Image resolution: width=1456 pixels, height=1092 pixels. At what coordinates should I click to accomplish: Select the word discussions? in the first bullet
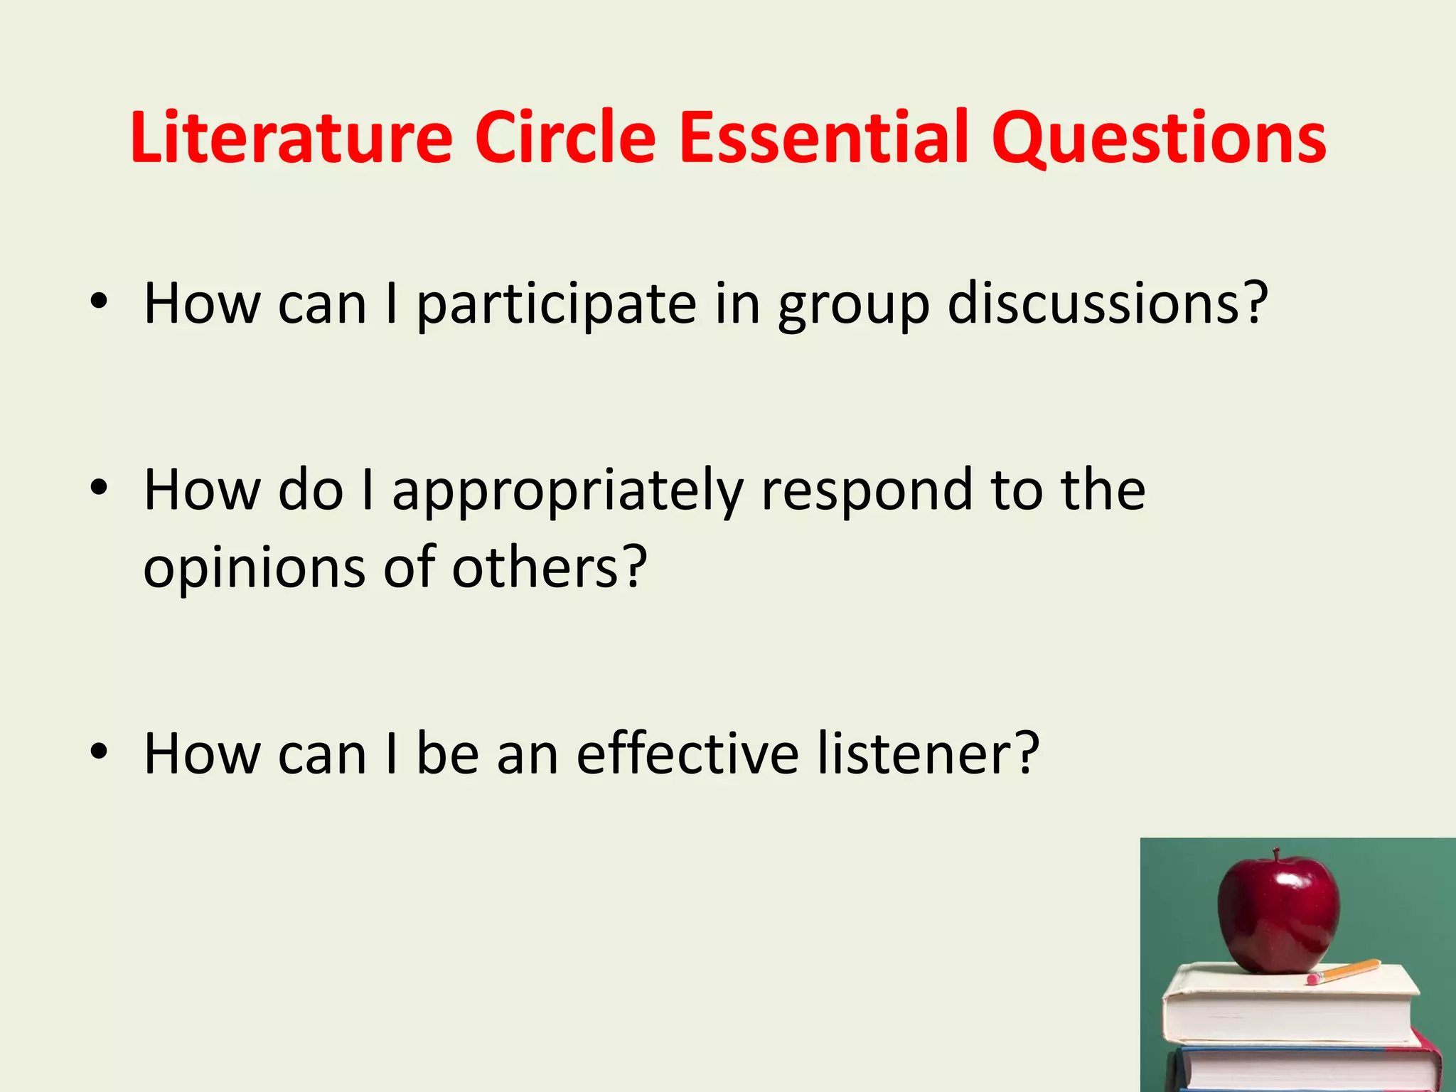click(1108, 304)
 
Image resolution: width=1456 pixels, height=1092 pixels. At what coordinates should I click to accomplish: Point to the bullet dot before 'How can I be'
click(99, 751)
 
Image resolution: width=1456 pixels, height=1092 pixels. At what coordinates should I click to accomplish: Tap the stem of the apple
click(1277, 855)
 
